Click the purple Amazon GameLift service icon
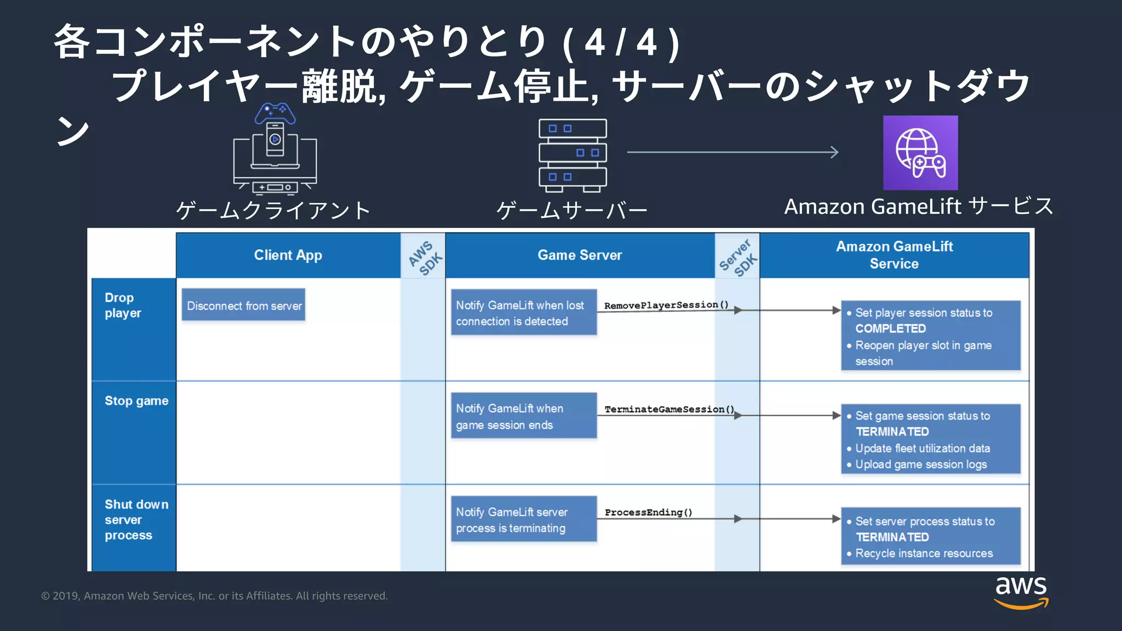coord(920,153)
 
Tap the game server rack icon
coord(573,155)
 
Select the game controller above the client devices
coord(274,114)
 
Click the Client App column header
coord(288,255)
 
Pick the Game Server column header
coord(580,255)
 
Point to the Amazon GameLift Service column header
coord(894,255)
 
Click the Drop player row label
coord(123,306)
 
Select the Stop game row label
coord(136,401)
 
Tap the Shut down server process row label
coord(136,520)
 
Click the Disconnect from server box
coord(244,306)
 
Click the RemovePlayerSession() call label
coord(666,305)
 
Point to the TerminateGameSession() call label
coord(669,409)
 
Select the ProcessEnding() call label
coord(648,512)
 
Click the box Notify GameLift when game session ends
coord(523,416)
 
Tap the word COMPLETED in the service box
coord(890,329)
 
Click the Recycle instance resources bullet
coord(924,553)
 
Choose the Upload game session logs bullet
coord(920,464)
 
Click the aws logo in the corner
coord(1021,592)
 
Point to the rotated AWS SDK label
coord(425,257)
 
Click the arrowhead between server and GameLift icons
coord(834,152)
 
